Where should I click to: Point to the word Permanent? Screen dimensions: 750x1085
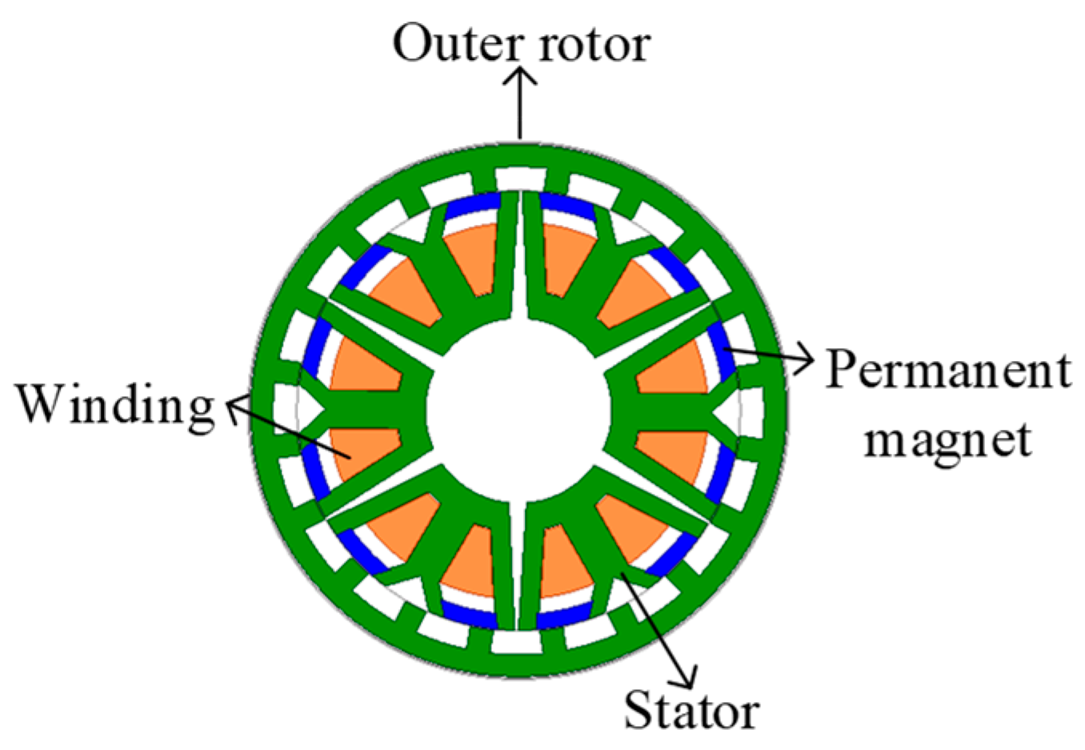(948, 371)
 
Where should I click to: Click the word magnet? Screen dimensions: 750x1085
(948, 439)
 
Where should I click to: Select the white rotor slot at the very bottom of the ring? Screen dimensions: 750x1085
(519, 641)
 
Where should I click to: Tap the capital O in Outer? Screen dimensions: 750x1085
(413, 43)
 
